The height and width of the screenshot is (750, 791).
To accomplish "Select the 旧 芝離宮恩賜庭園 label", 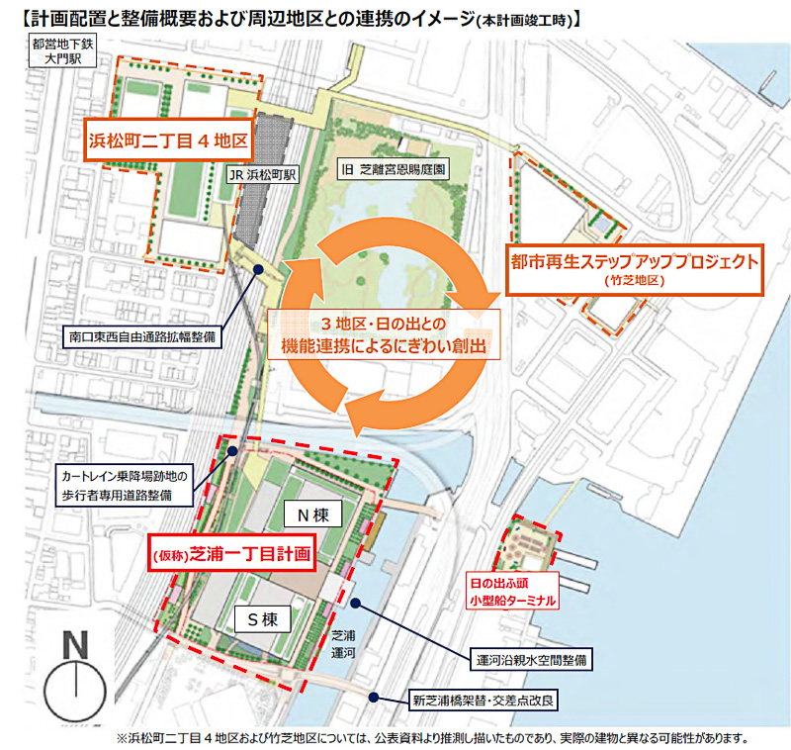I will (x=393, y=169).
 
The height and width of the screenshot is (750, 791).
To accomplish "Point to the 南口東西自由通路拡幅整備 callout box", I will (x=144, y=336).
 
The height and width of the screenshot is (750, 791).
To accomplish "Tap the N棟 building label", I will (x=312, y=515).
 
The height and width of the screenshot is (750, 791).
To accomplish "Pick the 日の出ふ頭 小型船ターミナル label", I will (x=513, y=591).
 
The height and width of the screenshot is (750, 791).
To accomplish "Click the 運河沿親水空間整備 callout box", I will (x=530, y=658).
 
